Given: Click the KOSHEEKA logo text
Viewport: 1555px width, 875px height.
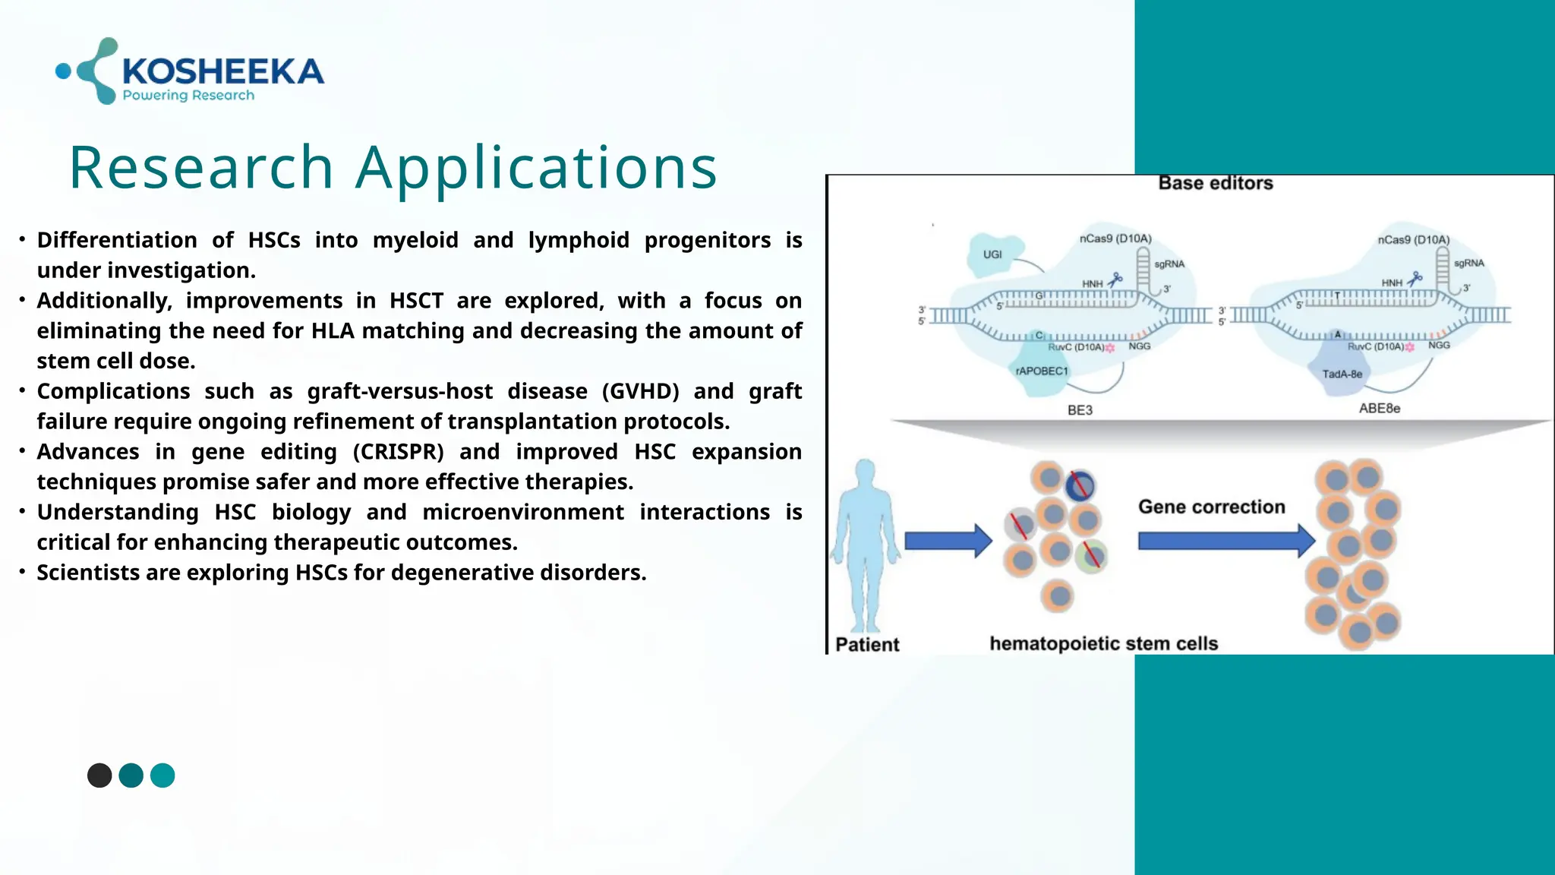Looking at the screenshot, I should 222,71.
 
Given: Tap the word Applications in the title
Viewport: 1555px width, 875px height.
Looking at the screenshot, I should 536,168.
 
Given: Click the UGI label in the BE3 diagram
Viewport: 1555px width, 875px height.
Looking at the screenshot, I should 992,254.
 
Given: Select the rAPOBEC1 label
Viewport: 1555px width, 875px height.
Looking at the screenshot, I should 1042,371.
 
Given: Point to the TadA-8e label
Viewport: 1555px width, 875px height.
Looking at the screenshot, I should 1342,374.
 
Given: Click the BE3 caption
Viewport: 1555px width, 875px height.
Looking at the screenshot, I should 1080,410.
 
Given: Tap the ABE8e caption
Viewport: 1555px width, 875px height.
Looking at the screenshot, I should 1379,409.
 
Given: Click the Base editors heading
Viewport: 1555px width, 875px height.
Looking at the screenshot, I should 1215,183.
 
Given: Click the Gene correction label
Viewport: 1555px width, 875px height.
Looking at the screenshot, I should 1211,507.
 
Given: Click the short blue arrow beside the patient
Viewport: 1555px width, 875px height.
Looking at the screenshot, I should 948,541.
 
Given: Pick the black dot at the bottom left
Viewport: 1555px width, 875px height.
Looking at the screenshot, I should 99,775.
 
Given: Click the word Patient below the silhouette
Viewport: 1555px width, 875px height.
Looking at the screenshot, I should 867,645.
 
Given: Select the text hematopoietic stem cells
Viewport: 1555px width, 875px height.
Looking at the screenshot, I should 1103,644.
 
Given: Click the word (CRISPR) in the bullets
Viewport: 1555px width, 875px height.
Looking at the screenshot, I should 398,452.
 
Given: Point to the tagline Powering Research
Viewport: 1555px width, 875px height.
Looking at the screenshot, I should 188,96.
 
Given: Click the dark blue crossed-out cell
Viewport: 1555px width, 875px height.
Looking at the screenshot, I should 1079,485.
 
